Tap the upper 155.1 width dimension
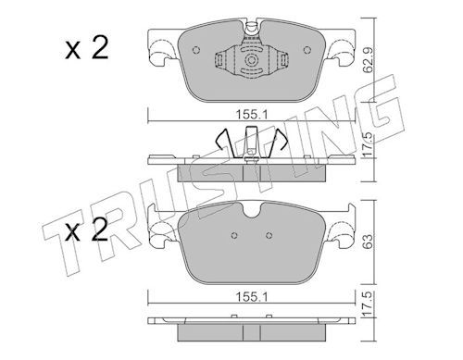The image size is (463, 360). pos(252,115)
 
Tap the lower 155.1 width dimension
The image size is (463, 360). pos(252,297)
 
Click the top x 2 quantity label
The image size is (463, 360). pos(87,48)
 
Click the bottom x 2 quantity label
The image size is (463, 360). pos(87,230)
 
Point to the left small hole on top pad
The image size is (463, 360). pos(196,50)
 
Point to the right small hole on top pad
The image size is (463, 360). pos(307,50)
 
